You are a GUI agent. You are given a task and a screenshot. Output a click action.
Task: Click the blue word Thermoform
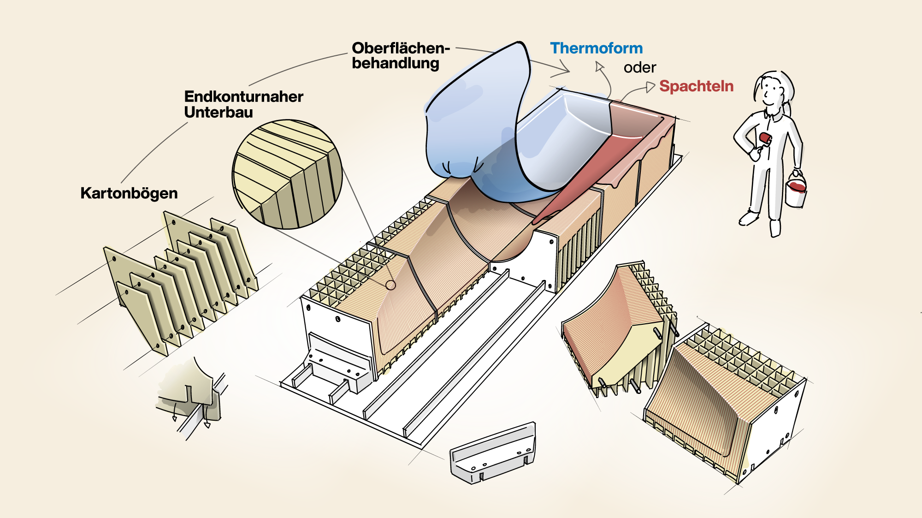596,48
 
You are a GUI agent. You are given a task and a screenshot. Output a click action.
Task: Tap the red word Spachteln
696,86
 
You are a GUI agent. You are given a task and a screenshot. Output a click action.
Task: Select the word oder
639,68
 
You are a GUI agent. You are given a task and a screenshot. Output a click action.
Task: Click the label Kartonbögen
129,193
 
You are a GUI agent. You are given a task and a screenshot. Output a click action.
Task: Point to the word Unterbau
219,112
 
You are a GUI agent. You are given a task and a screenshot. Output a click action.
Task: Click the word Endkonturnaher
243,96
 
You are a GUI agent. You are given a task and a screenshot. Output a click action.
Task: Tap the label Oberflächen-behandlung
399,55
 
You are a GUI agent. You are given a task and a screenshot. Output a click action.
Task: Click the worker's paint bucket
796,190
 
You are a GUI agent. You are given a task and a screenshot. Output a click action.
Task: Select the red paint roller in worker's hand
765,138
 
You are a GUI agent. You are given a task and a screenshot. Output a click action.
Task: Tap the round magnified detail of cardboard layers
287,174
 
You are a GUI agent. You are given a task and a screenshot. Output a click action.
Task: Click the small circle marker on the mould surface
390,285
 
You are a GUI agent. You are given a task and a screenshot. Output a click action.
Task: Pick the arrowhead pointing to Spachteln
650,87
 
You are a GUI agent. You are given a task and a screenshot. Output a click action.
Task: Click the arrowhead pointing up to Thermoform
599,67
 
